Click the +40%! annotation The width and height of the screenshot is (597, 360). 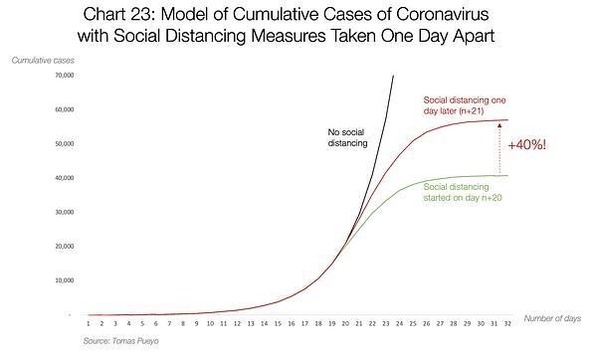(527, 145)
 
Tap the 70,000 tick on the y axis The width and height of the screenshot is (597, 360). (65, 76)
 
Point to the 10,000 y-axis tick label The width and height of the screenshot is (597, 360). (65, 280)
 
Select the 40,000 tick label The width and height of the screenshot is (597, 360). (65, 178)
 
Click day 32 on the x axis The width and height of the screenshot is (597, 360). (507, 323)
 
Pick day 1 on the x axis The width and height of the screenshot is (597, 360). (88, 323)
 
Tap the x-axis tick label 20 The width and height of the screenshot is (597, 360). (345, 323)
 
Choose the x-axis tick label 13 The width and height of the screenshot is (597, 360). (251, 323)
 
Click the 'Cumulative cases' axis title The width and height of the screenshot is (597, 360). (43, 60)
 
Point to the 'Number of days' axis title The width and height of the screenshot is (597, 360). (552, 318)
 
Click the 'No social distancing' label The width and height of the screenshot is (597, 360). (347, 137)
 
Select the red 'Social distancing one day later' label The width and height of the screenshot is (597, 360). (465, 105)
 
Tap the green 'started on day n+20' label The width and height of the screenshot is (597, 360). (463, 198)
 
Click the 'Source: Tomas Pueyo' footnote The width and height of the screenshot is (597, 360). (121, 341)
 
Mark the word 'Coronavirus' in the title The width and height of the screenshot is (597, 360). (443, 15)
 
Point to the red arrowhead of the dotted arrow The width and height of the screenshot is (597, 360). (499, 124)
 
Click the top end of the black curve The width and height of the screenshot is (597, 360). (393, 76)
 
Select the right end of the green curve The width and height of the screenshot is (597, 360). (507, 175)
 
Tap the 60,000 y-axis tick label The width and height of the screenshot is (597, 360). (65, 109)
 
